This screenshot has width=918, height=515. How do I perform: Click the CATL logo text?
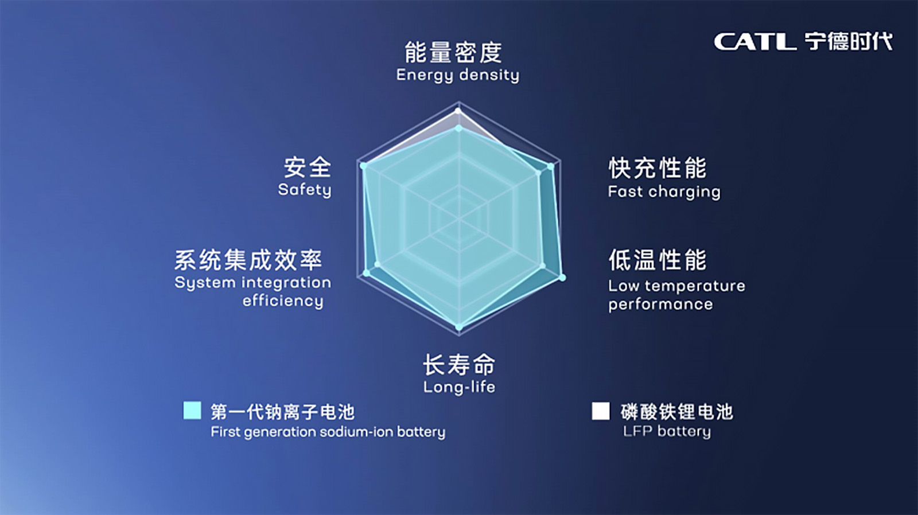[755, 42]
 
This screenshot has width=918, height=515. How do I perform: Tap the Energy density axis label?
[457, 75]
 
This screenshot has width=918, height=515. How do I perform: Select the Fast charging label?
[664, 192]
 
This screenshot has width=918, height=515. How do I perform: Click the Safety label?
[305, 190]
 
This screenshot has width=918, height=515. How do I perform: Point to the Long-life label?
[459, 387]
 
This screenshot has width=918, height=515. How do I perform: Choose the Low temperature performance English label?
[676, 295]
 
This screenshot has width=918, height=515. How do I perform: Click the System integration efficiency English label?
[253, 291]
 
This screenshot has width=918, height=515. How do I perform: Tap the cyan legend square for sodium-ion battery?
[192, 411]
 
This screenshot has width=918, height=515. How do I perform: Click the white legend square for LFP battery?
[601, 411]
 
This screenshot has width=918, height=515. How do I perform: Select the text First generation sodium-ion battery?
[328, 432]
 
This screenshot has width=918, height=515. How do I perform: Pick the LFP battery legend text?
[667, 431]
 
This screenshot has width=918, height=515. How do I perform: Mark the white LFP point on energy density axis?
[458, 111]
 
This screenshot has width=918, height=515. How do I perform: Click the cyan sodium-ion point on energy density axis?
[458, 128]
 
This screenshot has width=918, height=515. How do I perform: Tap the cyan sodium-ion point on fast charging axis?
[551, 167]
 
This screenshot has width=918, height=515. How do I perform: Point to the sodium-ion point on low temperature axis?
[562, 278]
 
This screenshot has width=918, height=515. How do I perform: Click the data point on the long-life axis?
[458, 327]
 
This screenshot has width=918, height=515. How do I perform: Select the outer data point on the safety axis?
[363, 166]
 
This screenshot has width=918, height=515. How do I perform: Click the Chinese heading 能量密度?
[453, 52]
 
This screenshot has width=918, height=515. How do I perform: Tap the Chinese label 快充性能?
[658, 168]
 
